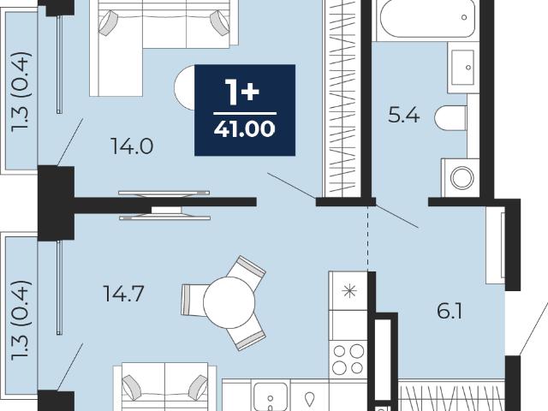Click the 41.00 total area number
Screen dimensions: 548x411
pyautogui.click(x=244, y=129)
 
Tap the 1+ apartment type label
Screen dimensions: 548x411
pyautogui.click(x=241, y=92)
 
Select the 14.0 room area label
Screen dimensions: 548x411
pyautogui.click(x=132, y=146)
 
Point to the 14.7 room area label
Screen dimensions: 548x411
pyautogui.click(x=123, y=293)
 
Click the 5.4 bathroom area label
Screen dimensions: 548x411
pyautogui.click(x=403, y=116)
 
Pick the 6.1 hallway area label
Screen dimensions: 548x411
pyautogui.click(x=450, y=311)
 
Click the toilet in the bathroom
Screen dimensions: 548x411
pyautogui.click(x=450, y=118)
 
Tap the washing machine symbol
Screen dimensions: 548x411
pyautogui.click(x=460, y=178)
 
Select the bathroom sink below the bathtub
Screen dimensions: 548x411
pyautogui.click(x=463, y=68)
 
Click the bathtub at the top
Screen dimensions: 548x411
pyautogui.click(x=428, y=19)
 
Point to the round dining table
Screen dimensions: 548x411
pyautogui.click(x=229, y=302)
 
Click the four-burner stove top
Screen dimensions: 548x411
pyautogui.click(x=348, y=359)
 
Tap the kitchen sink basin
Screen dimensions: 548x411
pyautogui.click(x=271, y=396)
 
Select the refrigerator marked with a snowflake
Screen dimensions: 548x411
pyautogui.click(x=348, y=291)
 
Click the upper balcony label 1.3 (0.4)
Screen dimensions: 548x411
pyautogui.click(x=21, y=92)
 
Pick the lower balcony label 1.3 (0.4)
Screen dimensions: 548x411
pyautogui.click(x=21, y=321)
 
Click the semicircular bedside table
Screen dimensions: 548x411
pyautogui.click(x=185, y=87)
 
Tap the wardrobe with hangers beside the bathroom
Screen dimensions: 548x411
pyautogui.click(x=341, y=98)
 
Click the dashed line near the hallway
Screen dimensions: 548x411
pyautogui.click(x=367, y=238)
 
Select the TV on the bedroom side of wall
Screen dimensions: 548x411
pyautogui.click(x=164, y=194)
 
